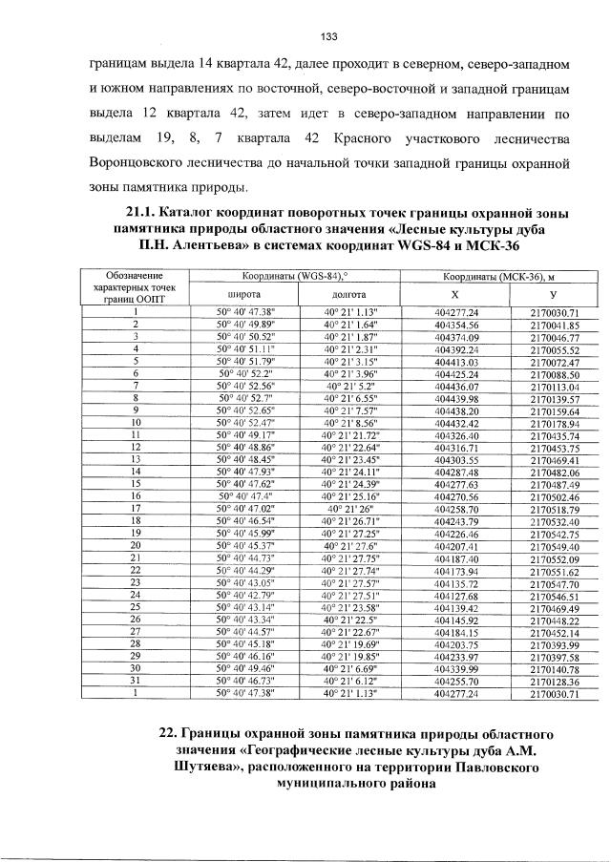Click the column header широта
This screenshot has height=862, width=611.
click(244, 295)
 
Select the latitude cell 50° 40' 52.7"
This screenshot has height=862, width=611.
click(244, 397)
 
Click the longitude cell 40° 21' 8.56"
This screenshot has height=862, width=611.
click(350, 421)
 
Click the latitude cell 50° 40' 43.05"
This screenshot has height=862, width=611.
click(244, 580)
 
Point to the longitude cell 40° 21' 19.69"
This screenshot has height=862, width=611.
click(350, 641)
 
